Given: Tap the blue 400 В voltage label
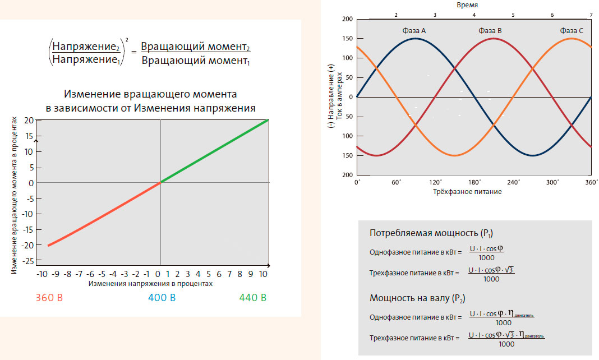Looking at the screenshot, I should tap(161, 297).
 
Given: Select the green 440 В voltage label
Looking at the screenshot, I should tap(252, 297).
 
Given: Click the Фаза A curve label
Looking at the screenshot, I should tap(414, 30).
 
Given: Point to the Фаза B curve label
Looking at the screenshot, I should tap(490, 30).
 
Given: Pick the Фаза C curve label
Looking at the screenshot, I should tap(571, 30).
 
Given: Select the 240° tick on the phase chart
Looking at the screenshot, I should tap(514, 182).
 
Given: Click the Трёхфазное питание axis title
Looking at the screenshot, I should tap(467, 192).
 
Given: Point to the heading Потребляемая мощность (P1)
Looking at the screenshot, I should tap(431, 233).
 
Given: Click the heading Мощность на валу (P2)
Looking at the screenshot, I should tap(417, 298).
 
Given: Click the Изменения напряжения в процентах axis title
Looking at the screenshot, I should tap(151, 284).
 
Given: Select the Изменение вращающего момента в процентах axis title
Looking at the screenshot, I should tap(15, 196).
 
